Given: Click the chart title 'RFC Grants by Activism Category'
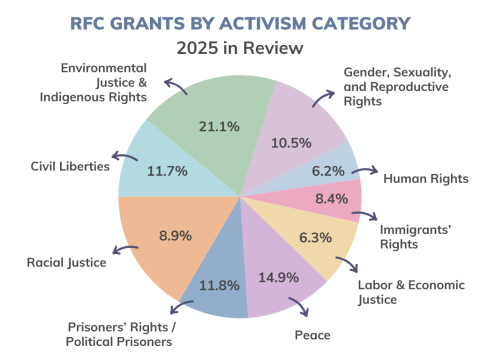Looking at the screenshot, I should tap(239, 21).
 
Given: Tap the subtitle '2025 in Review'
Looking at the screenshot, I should tap(239, 47).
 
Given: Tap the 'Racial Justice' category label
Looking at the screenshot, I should tap(68, 263).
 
